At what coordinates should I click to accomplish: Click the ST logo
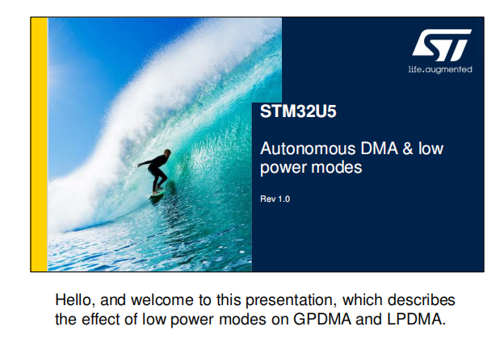(x=442, y=45)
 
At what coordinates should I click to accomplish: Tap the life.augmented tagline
(x=440, y=69)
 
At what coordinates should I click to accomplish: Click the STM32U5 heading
(x=298, y=111)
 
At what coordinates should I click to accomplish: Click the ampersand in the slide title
(x=408, y=149)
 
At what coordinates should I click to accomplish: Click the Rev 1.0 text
(x=275, y=199)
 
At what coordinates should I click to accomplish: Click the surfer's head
(x=167, y=153)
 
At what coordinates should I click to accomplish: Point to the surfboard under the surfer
(x=157, y=193)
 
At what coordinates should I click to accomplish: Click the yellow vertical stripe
(x=40, y=144)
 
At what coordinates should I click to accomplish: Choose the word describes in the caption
(x=422, y=300)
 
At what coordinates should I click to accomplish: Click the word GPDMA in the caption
(x=322, y=319)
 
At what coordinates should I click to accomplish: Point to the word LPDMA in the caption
(x=416, y=319)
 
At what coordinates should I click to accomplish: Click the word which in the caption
(x=362, y=300)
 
